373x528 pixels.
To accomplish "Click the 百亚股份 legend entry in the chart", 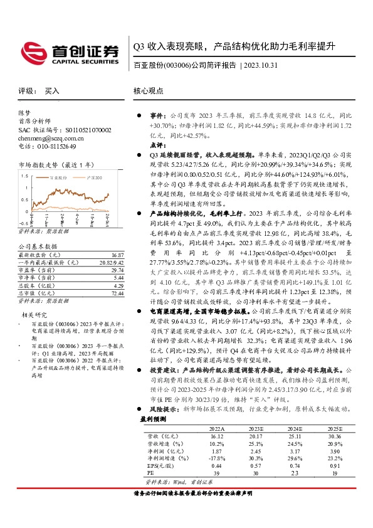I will pyautogui.click(x=61, y=177).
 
